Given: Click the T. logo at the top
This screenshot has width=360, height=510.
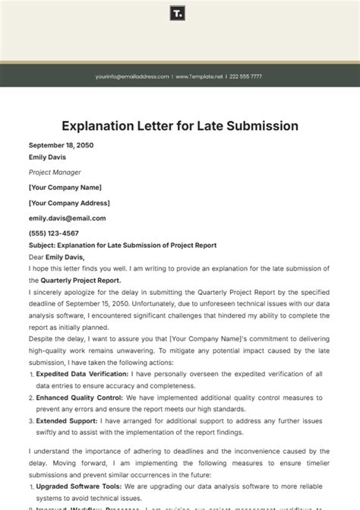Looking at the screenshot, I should point(179,14).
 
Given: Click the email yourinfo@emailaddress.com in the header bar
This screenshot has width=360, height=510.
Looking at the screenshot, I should point(132,77).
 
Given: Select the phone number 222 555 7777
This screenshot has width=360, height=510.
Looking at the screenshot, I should point(246,77).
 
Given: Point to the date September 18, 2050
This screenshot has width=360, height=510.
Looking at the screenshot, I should point(61,145).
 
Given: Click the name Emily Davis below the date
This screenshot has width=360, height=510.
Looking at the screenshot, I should point(47,157).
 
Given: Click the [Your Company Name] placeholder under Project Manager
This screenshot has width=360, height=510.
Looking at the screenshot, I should point(65,187).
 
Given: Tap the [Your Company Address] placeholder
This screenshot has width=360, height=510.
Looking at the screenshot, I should point(69,203).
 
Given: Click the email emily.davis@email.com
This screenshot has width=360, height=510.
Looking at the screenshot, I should point(67,218).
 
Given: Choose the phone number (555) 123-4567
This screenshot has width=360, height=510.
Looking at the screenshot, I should point(53,233).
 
